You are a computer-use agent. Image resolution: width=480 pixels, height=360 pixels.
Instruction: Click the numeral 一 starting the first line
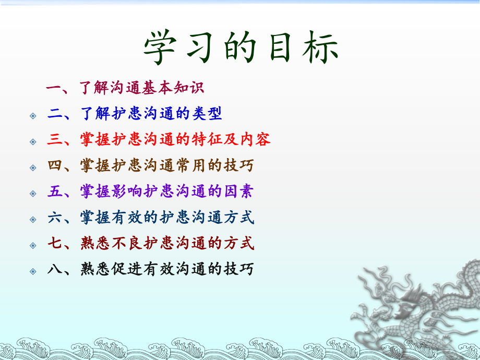tap(54, 87)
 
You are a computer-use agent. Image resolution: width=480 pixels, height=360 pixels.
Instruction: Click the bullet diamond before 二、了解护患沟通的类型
tap(33, 115)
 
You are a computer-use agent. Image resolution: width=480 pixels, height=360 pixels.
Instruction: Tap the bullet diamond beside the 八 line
tap(33, 272)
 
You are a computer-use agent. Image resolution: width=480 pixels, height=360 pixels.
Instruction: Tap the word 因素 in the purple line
tap(237, 192)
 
